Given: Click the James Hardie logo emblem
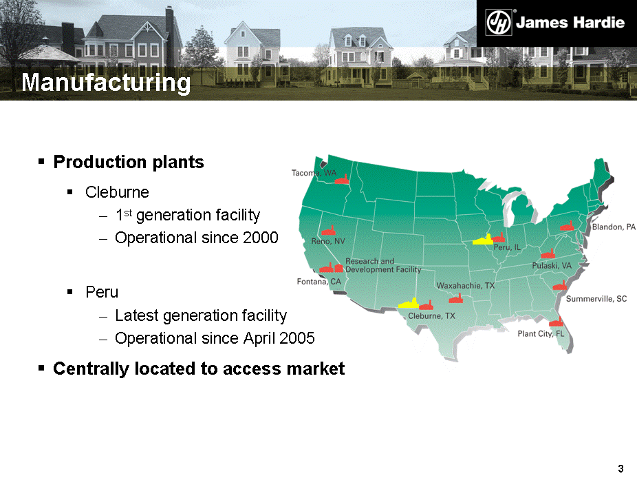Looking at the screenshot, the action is [499, 23].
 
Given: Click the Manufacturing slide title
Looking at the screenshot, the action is [106, 82].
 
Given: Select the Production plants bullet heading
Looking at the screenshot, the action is [129, 162].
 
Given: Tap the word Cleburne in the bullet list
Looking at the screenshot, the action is [117, 192].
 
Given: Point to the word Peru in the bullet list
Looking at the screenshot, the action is [102, 292].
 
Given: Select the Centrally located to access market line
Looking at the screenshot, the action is [199, 368].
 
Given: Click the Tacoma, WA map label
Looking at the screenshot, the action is [314, 173].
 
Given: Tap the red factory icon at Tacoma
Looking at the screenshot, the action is [342, 179].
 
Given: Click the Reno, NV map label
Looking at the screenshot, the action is [328, 241].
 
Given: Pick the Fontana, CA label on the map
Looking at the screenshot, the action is [319, 282].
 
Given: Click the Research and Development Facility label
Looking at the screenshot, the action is [383, 265].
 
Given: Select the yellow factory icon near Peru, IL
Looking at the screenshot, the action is [482, 240].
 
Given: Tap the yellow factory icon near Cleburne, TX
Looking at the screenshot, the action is [409, 304].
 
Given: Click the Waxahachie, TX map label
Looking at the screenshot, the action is [466, 286].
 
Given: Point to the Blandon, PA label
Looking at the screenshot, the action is [614, 227].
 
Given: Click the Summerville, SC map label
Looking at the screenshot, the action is [596, 299].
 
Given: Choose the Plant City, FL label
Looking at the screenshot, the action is [541, 334].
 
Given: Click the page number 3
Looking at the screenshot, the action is [620, 468].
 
